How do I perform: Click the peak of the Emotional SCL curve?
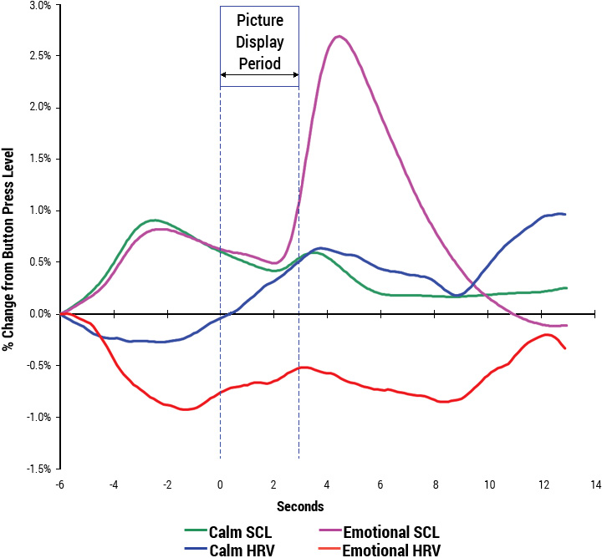pos(339,36)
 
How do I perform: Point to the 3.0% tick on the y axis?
pos(39,5)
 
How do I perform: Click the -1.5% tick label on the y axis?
pos(38,469)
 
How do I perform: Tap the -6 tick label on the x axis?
pos(60,484)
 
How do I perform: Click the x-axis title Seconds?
pos(301,506)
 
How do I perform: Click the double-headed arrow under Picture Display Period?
pos(259,75)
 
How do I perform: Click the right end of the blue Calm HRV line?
pos(566,215)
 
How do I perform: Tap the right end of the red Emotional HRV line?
pos(566,348)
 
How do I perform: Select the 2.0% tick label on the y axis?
pos(39,108)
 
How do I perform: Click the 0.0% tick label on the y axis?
pos(39,314)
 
